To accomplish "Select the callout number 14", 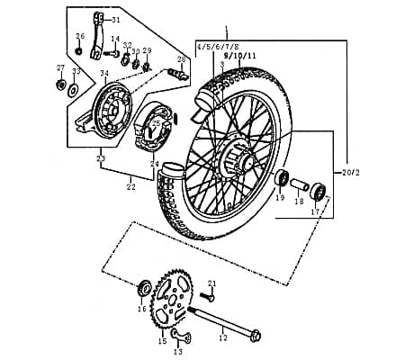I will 115,40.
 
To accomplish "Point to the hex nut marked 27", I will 60,85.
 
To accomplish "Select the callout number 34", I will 104,74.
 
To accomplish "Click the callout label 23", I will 101,159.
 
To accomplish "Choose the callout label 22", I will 130,187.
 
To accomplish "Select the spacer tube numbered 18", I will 299,189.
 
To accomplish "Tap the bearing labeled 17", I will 318,191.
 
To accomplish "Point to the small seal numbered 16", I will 143,289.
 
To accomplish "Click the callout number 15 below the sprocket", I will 163,341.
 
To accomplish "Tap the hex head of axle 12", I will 256,337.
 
